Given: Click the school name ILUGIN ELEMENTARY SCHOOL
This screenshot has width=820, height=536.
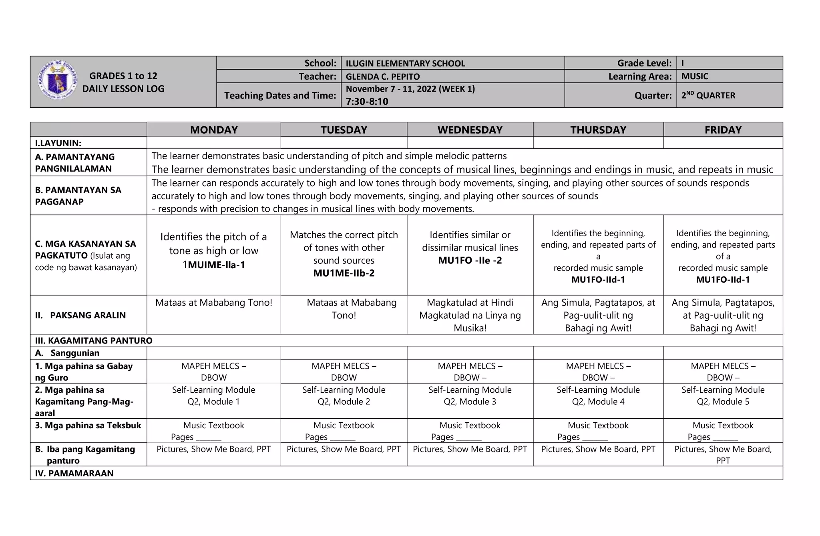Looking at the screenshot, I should pyautogui.click(x=405, y=63).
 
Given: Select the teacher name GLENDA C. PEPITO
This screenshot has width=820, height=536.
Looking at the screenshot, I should pyautogui.click(x=382, y=76).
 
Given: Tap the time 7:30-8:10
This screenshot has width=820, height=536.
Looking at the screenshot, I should pyautogui.click(x=367, y=101).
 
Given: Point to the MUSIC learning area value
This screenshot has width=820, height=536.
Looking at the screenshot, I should pyautogui.click(x=695, y=76).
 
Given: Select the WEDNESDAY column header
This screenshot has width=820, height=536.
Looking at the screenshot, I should pyautogui.click(x=470, y=130).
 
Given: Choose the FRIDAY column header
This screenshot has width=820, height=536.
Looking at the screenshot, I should pyautogui.click(x=723, y=130).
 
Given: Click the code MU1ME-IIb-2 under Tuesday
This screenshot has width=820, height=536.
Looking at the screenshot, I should pyautogui.click(x=344, y=273).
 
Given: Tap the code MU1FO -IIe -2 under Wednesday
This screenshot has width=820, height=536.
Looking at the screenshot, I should pyautogui.click(x=470, y=260).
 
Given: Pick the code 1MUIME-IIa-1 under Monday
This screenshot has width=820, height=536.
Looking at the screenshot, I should pyautogui.click(x=214, y=265).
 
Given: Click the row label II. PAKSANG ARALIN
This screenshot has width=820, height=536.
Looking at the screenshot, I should pyautogui.click(x=80, y=315).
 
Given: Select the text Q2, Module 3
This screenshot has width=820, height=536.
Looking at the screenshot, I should pyautogui.click(x=470, y=401).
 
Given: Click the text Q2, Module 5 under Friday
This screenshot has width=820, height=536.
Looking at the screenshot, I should pyautogui.click(x=723, y=401).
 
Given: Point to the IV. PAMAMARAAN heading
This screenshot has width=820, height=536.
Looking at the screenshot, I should pyautogui.click(x=74, y=473).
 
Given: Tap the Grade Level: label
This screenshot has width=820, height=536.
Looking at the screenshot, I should pyautogui.click(x=644, y=63).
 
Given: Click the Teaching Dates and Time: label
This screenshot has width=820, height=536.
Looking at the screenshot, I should pyautogui.click(x=280, y=95).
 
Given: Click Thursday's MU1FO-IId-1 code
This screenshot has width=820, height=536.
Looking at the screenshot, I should pyautogui.click(x=598, y=279).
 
